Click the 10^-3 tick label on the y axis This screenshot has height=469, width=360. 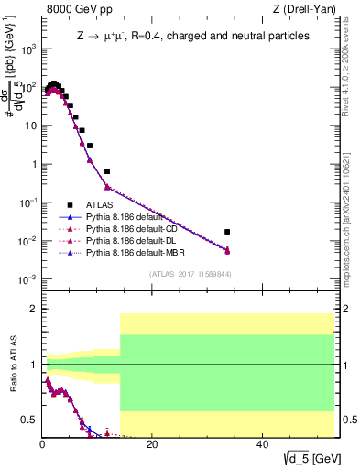pos(27,279)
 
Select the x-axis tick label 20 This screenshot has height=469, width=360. pos(152,443)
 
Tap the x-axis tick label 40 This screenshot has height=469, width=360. pos(262,443)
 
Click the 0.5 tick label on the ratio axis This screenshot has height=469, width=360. pos(28,420)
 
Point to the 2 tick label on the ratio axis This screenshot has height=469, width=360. pos(33,309)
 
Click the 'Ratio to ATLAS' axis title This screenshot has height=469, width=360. pos(12,365)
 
